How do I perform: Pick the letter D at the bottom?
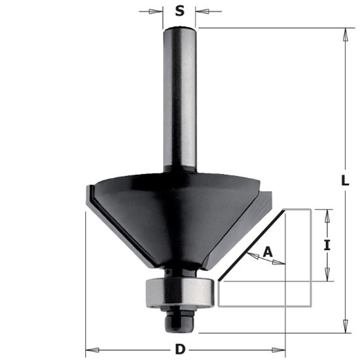point(179,350)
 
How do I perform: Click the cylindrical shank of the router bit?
point(180,98)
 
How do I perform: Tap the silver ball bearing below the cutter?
point(179,290)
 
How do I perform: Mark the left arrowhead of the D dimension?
point(90,349)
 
